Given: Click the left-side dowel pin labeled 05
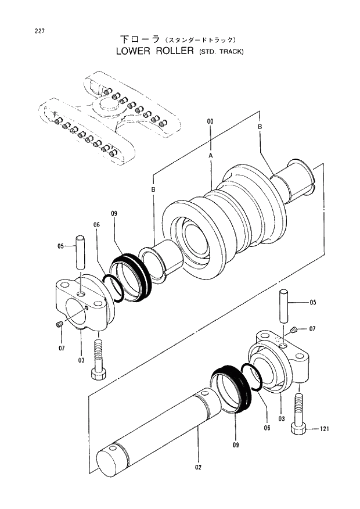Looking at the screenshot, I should click(x=81, y=250).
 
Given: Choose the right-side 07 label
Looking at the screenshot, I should click(x=312, y=329).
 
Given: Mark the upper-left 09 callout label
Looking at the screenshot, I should click(x=114, y=214).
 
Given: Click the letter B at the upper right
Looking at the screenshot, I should click(x=260, y=126).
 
